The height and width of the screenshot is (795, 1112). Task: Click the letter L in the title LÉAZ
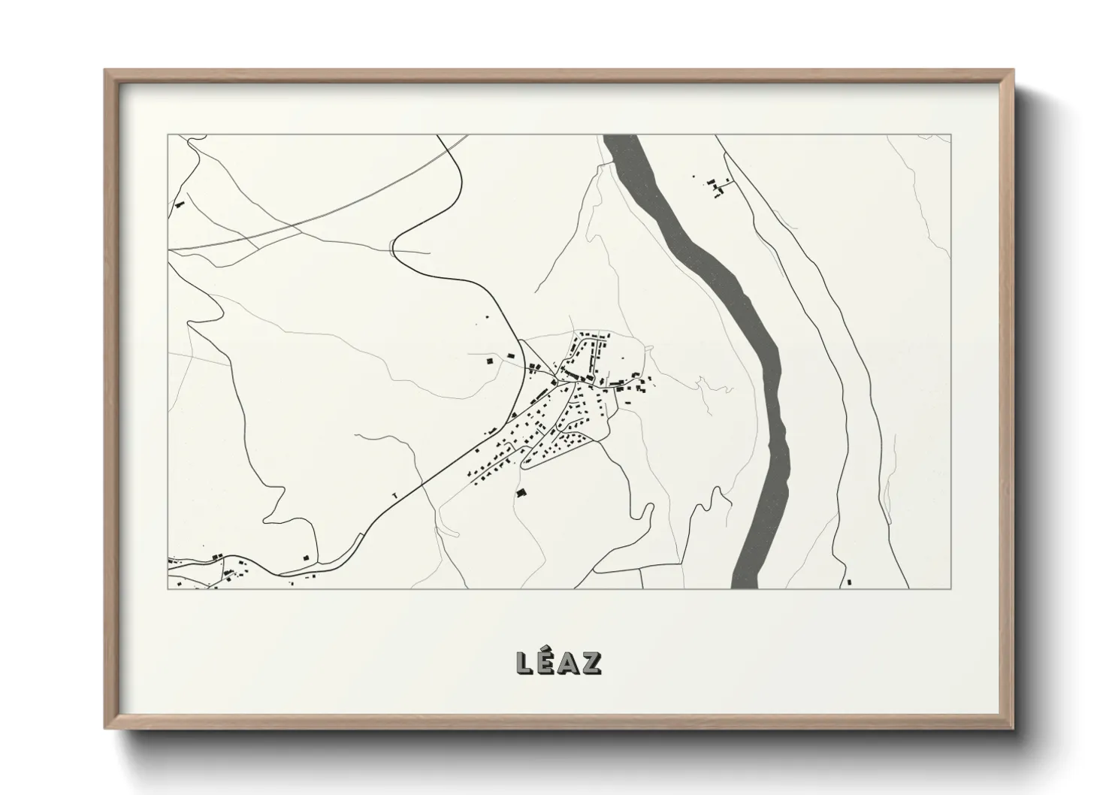click(x=524, y=663)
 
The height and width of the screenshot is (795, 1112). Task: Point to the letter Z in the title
click(x=592, y=663)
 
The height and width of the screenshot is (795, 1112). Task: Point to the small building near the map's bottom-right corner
click(x=848, y=582)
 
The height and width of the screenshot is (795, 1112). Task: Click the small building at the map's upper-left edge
click(x=179, y=204)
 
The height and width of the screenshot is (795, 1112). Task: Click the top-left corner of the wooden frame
click(x=106, y=71)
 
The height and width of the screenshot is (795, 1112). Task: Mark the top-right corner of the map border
click(x=950, y=135)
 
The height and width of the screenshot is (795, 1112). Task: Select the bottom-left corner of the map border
click(x=168, y=588)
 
